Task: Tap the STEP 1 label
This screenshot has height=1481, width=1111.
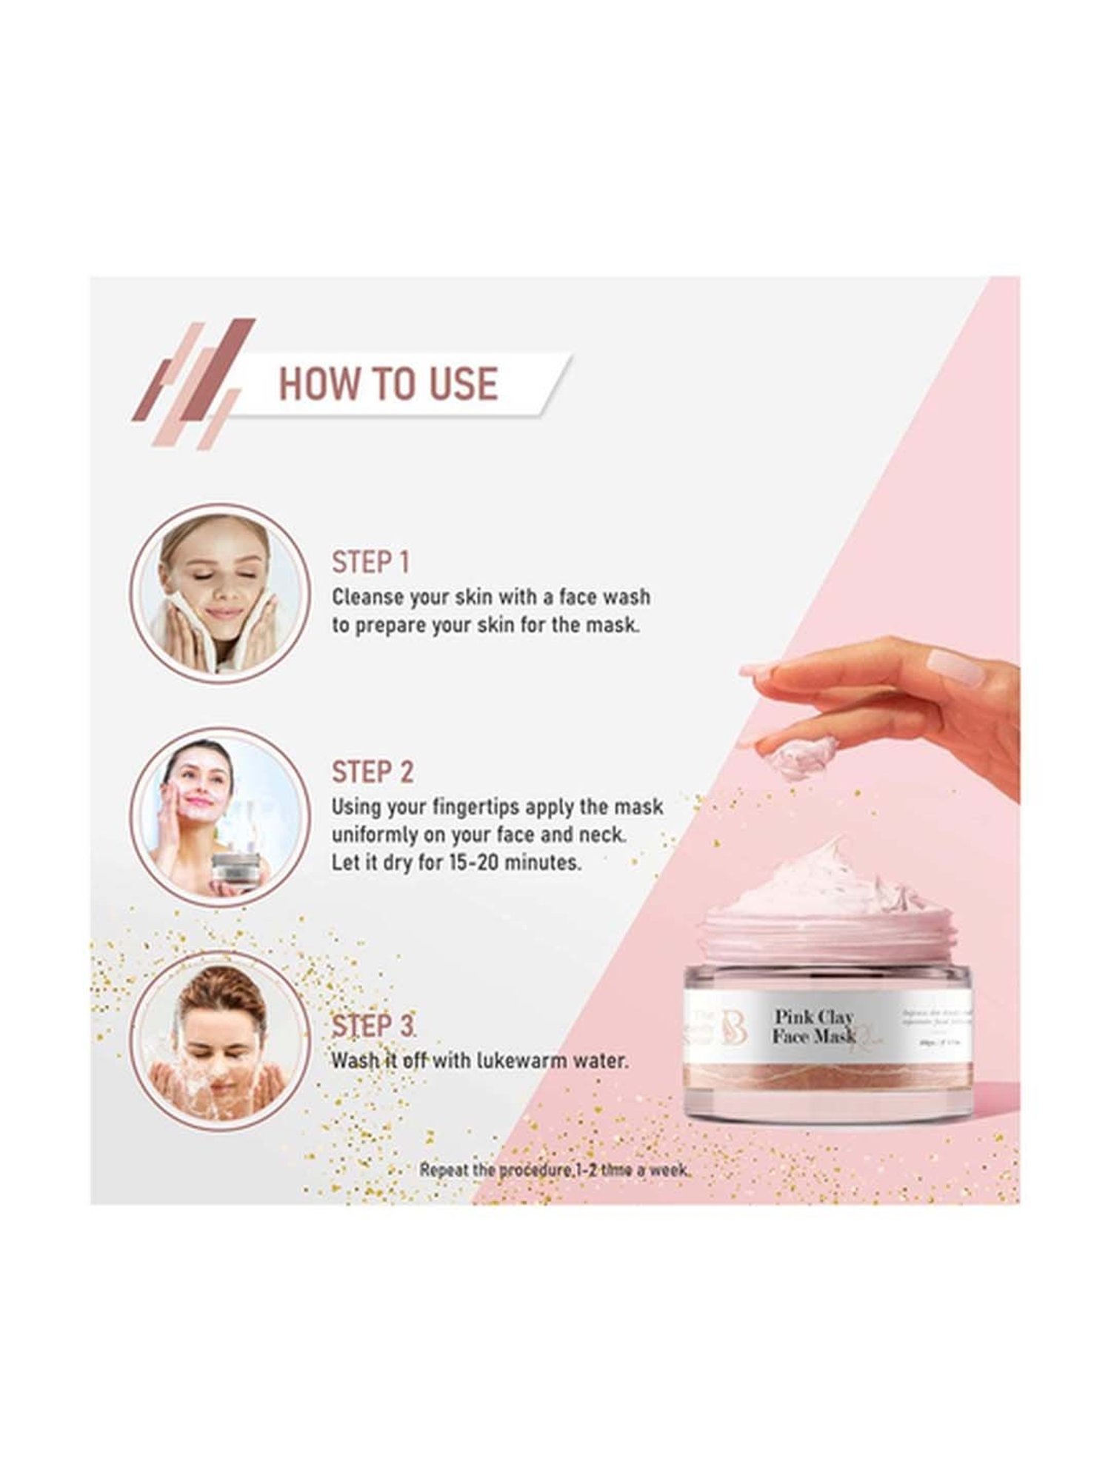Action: coord(370,562)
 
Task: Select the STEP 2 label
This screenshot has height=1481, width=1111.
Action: coord(372,772)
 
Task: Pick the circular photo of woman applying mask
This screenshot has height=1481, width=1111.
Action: coord(219,817)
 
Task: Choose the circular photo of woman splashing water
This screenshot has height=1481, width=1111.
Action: coord(219,1042)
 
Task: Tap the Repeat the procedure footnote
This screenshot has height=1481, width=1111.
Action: coord(554,1170)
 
